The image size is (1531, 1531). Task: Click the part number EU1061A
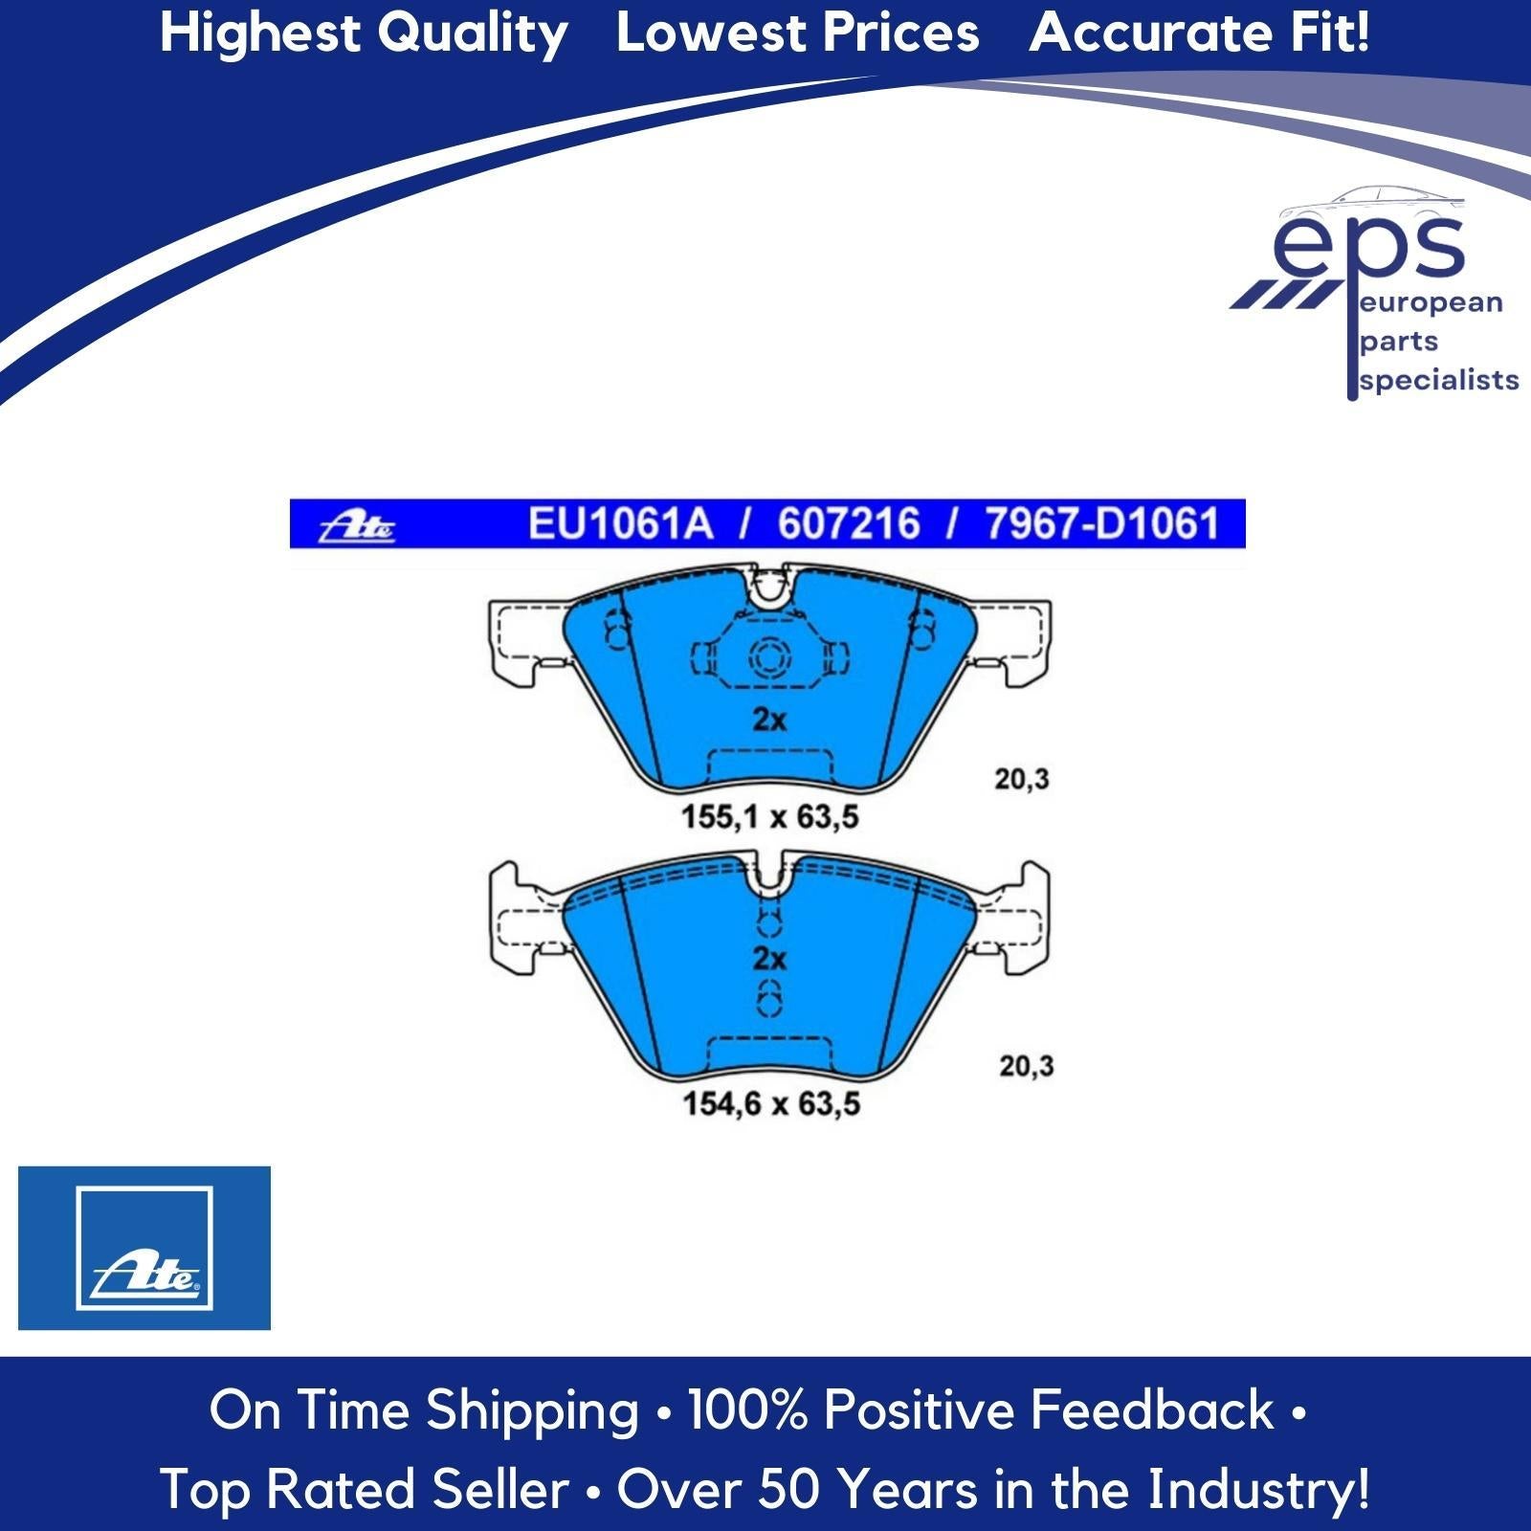(621, 524)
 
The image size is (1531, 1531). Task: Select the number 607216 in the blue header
(849, 524)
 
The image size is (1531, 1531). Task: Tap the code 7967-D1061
(1102, 524)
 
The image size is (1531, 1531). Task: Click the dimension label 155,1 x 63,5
(770, 817)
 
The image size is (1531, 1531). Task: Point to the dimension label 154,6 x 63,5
(771, 1103)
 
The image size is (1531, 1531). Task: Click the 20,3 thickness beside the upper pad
(1022, 780)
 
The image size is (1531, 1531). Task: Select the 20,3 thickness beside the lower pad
(1027, 1066)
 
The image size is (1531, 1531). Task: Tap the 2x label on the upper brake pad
(769, 719)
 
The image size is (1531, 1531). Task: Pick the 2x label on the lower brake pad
(769, 959)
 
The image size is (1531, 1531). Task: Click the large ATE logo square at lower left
(144, 1248)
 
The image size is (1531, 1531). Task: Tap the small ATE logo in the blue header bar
(357, 526)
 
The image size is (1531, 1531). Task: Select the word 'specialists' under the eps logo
(1439, 381)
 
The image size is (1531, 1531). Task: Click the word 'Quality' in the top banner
(472, 34)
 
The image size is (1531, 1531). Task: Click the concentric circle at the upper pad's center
(768, 658)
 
